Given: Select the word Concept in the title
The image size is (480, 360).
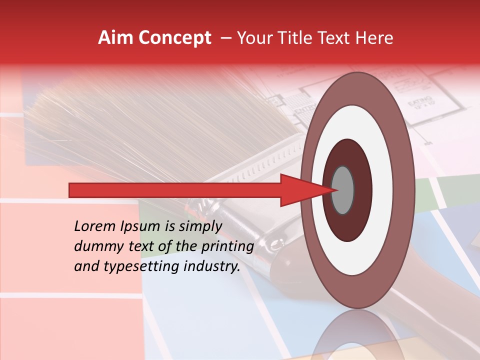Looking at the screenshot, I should pyautogui.click(x=175, y=38).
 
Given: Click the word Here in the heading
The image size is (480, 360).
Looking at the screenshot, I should pyautogui.click(x=375, y=38).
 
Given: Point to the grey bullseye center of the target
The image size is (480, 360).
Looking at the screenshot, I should pyautogui.click(x=343, y=190).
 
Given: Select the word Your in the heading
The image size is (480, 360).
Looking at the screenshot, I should pyautogui.click(x=254, y=38).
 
